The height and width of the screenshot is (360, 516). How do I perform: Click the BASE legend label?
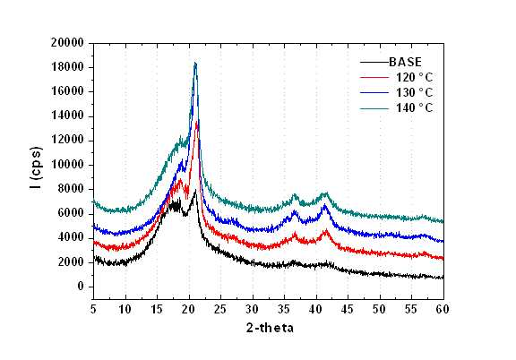(405, 62)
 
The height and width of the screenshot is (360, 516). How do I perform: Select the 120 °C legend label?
(414, 77)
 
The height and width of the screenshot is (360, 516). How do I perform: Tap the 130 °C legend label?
(414, 92)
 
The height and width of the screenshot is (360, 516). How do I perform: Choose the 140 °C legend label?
(414, 107)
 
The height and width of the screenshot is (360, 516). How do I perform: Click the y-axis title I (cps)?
(36, 167)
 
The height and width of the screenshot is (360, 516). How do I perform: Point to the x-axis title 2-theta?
(270, 328)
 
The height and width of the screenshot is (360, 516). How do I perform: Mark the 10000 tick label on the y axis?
(67, 165)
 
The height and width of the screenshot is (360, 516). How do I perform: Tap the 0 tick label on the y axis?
(81, 287)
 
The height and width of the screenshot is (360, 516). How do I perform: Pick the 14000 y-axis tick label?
(67, 116)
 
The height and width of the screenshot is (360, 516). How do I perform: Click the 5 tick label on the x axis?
(93, 309)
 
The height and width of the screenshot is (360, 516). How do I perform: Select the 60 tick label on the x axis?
(443, 309)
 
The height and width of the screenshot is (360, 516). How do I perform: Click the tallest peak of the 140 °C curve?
(195, 63)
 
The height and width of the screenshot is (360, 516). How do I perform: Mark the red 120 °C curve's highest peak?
(197, 123)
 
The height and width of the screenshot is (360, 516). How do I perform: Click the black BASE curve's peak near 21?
(196, 190)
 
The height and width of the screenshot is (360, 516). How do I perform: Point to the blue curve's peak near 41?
(325, 205)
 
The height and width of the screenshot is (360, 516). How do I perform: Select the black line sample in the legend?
(374, 62)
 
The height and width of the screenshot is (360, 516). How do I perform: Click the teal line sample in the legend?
(374, 108)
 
